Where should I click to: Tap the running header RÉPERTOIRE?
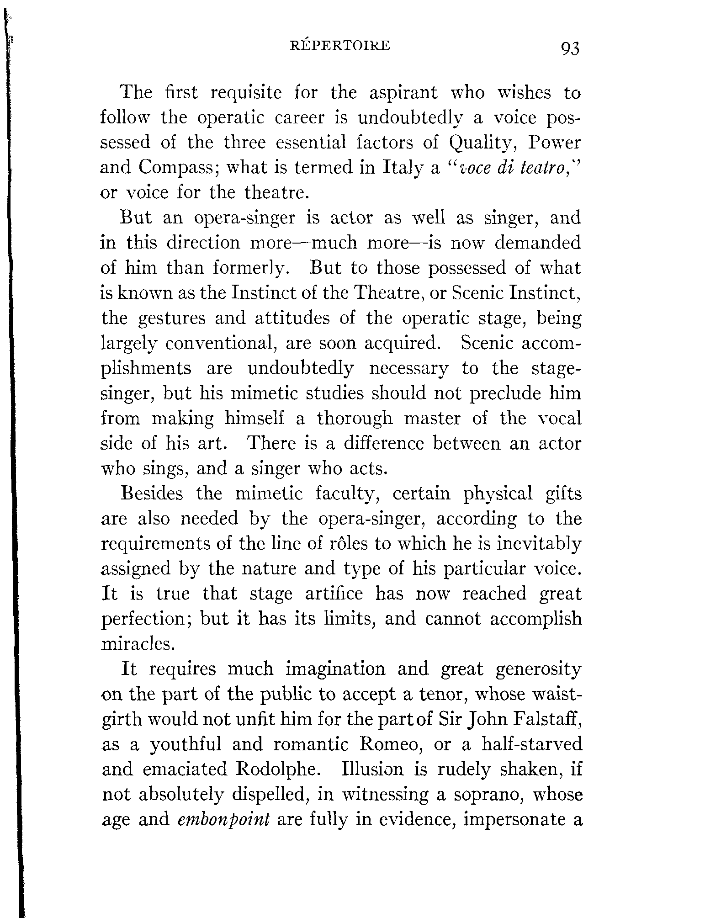coord(340,46)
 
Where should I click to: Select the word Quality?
coord(483,143)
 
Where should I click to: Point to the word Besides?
coord(152,494)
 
